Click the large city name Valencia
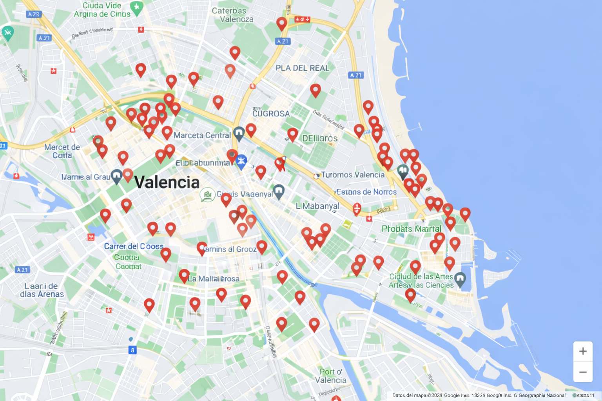pyautogui.click(x=167, y=182)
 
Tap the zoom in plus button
pyautogui.click(x=583, y=351)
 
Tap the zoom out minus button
pyautogui.click(x=583, y=372)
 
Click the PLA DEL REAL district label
pyautogui.click(x=302, y=68)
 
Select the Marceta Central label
pyautogui.click(x=202, y=135)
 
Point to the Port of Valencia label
pyautogui.click(x=331, y=376)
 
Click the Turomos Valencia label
pyautogui.click(x=353, y=175)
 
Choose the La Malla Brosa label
pyautogui.click(x=214, y=279)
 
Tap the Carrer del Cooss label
pyautogui.click(x=134, y=246)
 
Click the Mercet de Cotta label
pyautogui.click(x=62, y=151)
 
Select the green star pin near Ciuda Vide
pyautogui.click(x=136, y=7)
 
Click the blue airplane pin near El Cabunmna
pyautogui.click(x=241, y=161)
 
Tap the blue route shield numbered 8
pyautogui.click(x=132, y=350)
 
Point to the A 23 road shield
pyautogui.click(x=34, y=14)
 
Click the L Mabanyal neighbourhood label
pyautogui.click(x=317, y=206)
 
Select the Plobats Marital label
pyautogui.click(x=411, y=229)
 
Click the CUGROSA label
pyautogui.click(x=271, y=114)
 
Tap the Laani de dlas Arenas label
pyautogui.click(x=42, y=290)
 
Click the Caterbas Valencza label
pyautogui.click(x=232, y=15)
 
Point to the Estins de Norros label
pyautogui.click(x=366, y=192)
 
